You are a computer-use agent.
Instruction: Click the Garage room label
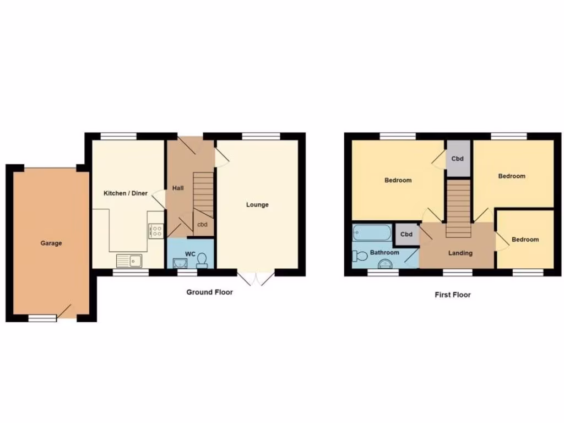tap(51, 243)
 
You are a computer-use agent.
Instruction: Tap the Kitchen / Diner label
tap(126, 193)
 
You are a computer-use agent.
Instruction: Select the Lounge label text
tap(257, 205)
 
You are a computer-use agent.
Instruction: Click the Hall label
tap(178, 188)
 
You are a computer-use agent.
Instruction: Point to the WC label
tap(191, 254)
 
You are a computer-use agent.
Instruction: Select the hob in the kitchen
tap(156, 231)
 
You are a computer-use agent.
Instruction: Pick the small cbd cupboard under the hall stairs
tap(203, 225)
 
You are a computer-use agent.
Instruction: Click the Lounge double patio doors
tap(256, 278)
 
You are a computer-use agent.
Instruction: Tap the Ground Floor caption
tap(209, 292)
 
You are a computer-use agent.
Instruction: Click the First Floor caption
tap(453, 295)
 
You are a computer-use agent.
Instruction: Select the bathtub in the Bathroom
tap(372, 233)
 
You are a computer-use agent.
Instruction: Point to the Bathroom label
tap(384, 253)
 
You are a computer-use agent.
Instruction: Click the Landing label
tap(460, 253)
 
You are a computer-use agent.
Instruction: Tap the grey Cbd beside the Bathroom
tap(406, 235)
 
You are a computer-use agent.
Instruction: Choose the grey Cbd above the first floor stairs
tap(458, 159)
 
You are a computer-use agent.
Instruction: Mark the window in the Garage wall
tap(42, 318)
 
